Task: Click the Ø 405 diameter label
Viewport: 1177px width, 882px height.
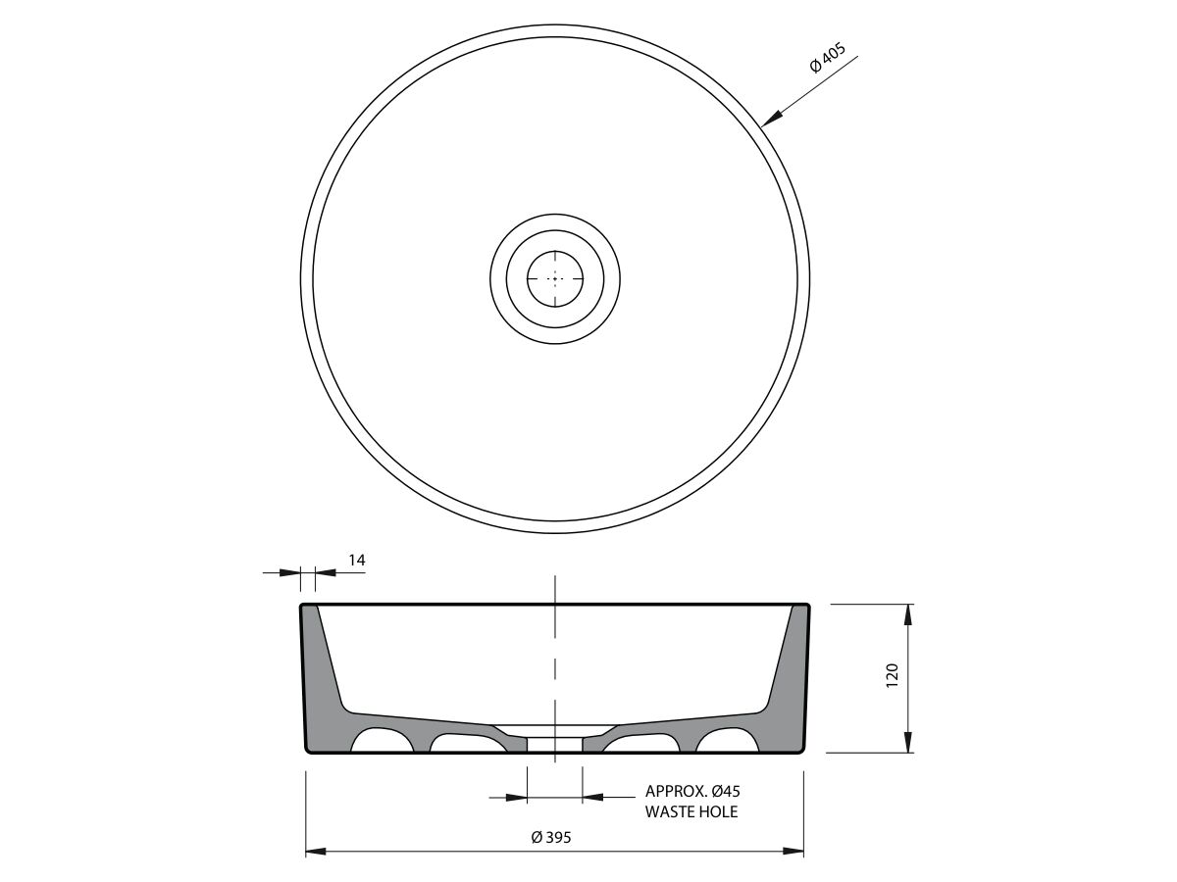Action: pyautogui.click(x=828, y=57)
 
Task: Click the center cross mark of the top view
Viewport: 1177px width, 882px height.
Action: pyautogui.click(x=555, y=278)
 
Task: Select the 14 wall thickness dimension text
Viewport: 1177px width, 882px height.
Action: pyautogui.click(x=357, y=561)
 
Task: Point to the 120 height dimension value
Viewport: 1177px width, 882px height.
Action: pyautogui.click(x=892, y=676)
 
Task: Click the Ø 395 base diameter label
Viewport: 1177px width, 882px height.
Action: pyautogui.click(x=551, y=837)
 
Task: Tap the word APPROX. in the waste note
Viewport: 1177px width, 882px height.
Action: pyautogui.click(x=676, y=791)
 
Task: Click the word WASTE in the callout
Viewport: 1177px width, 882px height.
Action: pyautogui.click(x=669, y=811)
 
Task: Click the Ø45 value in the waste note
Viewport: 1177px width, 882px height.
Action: pyautogui.click(x=726, y=791)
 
